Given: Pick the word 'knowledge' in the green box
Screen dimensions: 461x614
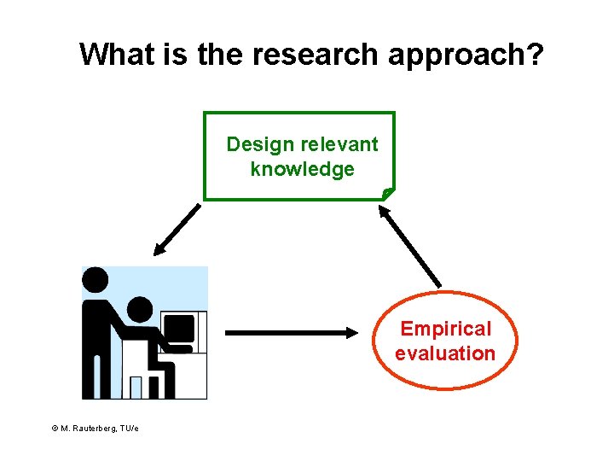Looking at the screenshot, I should coord(302,169).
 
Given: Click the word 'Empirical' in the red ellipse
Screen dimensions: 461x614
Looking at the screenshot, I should coord(446,329).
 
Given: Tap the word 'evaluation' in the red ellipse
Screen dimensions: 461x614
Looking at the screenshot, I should coord(445,353).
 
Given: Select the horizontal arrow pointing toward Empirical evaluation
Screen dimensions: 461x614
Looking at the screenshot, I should coord(291,332).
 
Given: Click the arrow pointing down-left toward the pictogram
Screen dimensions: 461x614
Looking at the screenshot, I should coord(177,229).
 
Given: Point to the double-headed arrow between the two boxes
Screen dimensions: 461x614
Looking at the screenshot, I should coord(411,248).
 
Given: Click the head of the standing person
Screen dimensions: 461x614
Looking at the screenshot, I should coord(95,278).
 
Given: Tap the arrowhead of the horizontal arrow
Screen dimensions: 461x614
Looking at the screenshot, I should coord(353,332).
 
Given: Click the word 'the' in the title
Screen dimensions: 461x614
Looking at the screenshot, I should coord(217,55).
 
